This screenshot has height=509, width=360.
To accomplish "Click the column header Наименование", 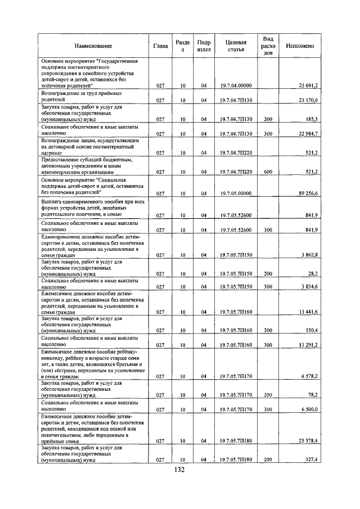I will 93,46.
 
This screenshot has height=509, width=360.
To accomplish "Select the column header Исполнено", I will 299,46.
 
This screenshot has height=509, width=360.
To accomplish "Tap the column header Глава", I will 160,46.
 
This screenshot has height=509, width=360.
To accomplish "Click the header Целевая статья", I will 236,46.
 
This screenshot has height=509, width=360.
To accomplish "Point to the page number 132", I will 179,470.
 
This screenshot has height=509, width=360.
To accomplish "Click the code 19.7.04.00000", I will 236,85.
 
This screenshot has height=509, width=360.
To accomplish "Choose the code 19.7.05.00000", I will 236,193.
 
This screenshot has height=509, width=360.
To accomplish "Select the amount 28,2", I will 312,274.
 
